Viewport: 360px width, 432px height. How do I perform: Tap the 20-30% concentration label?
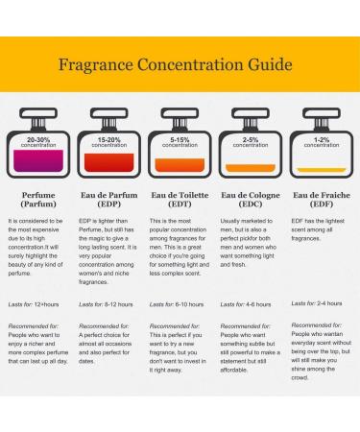(38, 141)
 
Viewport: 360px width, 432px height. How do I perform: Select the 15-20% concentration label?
(108, 141)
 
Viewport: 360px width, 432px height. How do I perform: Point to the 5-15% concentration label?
(180, 141)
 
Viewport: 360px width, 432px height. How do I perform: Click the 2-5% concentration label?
(251, 141)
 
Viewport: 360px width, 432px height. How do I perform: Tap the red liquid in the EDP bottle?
(108, 164)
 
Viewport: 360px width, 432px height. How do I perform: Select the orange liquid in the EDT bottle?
(180, 166)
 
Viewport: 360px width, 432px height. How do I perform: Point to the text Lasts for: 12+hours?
(34, 303)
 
